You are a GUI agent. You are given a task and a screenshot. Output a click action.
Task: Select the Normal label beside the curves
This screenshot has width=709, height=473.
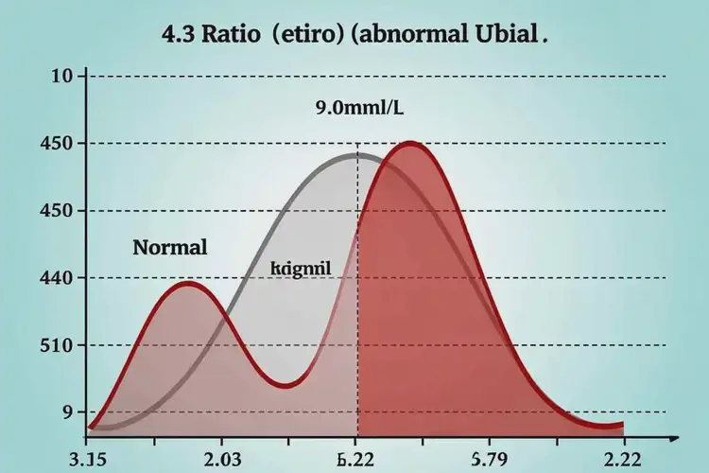pyautogui.click(x=169, y=249)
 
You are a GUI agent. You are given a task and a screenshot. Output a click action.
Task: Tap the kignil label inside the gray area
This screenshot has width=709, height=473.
pyautogui.click(x=300, y=268)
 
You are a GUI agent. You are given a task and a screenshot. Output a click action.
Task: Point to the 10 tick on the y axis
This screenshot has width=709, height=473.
pyautogui.click(x=62, y=76)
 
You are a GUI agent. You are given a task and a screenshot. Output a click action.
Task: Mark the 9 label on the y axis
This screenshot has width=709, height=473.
pyautogui.click(x=67, y=412)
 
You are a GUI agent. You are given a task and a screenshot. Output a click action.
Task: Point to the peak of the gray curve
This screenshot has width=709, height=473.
pyautogui.click(x=355, y=154)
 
